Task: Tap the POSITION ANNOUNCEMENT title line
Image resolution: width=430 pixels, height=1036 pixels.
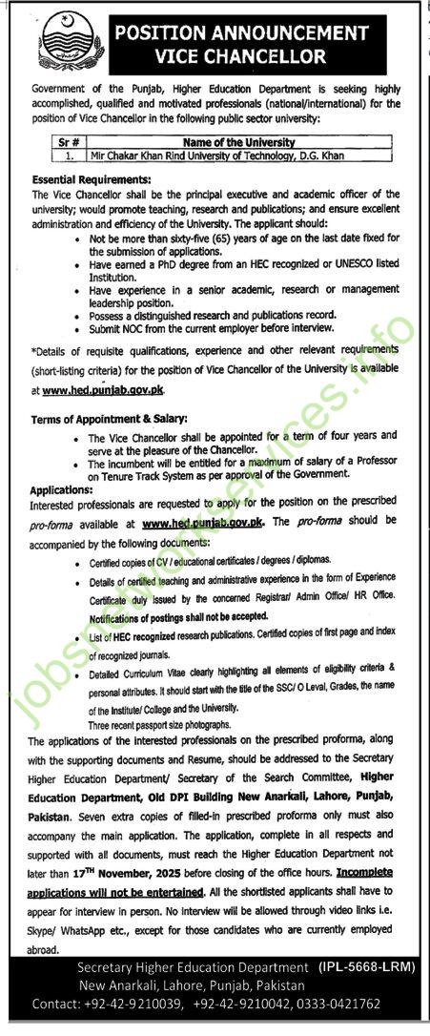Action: pos(241,33)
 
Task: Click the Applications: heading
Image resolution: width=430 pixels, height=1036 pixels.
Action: pos(63,489)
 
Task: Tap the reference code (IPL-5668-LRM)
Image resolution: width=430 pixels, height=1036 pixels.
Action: pos(366,967)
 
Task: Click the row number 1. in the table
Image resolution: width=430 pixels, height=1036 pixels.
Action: pos(68,155)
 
